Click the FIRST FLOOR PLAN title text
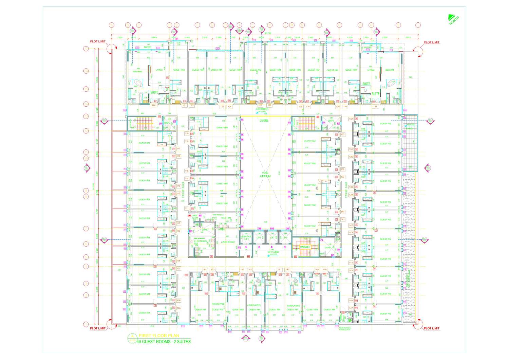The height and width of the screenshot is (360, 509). point(159,336)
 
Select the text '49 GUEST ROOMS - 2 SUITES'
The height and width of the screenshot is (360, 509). point(164,342)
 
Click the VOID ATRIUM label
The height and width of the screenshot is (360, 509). point(265,175)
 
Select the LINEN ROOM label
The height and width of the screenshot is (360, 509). point(228,242)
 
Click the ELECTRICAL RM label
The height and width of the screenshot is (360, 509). point(200,242)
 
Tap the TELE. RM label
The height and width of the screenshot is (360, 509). point(226,218)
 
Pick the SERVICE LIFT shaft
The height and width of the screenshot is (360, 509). point(246,238)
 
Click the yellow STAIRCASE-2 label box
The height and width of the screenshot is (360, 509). point(304,247)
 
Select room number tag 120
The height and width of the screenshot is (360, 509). point(153,105)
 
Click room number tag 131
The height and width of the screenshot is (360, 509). point(375,106)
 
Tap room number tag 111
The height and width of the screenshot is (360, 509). point(187,208)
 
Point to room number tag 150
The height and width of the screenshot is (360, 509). point(287,270)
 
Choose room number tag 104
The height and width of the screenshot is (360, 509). point(205,270)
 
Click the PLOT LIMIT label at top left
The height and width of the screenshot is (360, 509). point(98,41)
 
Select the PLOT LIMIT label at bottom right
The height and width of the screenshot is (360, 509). point(431,328)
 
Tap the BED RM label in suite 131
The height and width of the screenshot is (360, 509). point(390,70)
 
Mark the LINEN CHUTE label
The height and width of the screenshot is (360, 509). point(195,217)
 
